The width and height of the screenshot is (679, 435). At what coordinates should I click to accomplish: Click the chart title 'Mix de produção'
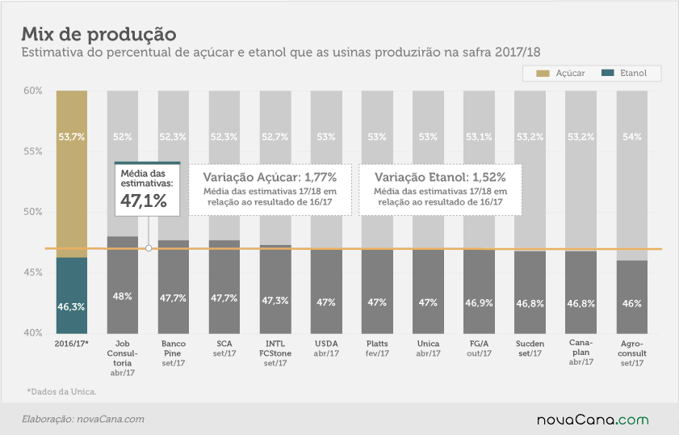pos(98,34)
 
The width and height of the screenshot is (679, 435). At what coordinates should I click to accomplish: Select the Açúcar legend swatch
pos(543,74)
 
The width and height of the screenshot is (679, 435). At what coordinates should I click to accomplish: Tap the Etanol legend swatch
pos(608,73)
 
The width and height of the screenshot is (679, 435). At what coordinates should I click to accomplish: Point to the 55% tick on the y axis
pos(33,151)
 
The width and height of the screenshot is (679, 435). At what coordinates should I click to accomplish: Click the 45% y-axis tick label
pos(33,272)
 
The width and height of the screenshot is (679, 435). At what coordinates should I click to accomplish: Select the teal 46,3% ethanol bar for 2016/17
pos(71,296)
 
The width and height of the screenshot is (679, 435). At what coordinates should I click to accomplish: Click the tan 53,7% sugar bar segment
pos(71,174)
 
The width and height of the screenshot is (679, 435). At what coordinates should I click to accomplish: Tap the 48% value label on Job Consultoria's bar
pos(122,296)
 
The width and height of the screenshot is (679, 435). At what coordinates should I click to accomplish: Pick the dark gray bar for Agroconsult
pos(632,297)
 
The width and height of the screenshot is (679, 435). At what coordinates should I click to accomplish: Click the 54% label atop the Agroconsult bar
pos(632,137)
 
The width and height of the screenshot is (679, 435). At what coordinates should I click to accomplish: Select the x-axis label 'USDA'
pos(326,344)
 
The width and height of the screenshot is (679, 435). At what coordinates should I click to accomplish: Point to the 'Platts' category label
pos(377,344)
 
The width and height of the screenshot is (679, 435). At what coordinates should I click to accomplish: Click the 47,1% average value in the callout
pos(144,201)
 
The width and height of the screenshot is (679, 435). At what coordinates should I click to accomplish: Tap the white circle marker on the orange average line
pos(149,248)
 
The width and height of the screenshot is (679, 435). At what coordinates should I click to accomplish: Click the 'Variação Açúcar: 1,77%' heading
pos(270,177)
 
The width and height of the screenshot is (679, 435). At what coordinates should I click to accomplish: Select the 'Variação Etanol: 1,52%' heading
pos(440,177)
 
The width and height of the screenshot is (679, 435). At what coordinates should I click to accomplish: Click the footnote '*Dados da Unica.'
pos(61,391)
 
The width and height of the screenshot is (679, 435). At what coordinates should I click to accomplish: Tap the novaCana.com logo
pos(593,420)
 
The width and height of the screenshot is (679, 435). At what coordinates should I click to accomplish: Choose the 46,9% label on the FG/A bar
pos(479,302)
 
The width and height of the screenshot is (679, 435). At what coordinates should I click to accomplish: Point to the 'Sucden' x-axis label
pos(530,344)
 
